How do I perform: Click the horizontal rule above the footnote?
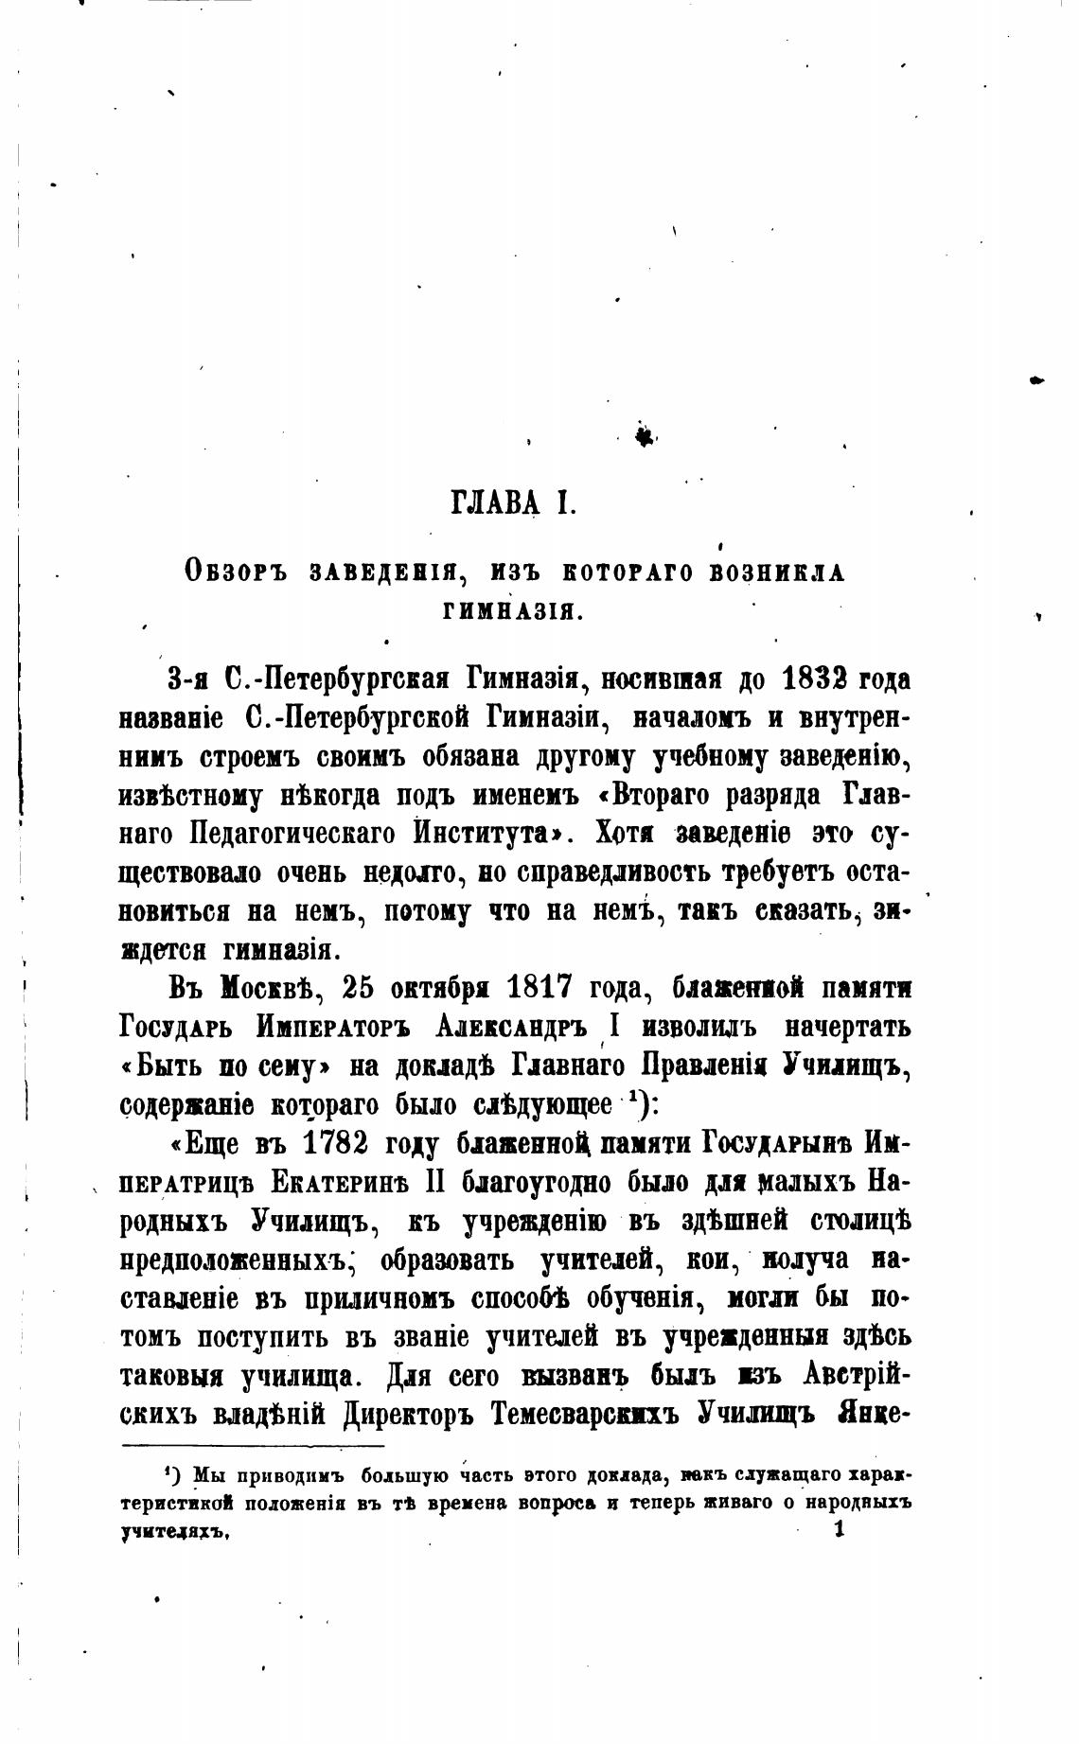pos(253,1445)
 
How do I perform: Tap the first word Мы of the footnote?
pos(206,1475)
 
